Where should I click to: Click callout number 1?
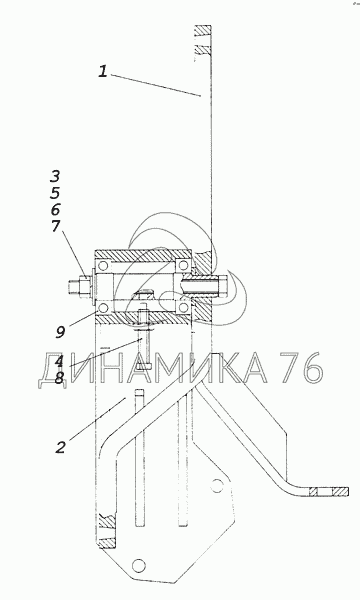click(x=102, y=72)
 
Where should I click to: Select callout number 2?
click(x=60, y=447)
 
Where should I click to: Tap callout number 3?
click(x=55, y=176)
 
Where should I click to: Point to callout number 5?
click(x=55, y=193)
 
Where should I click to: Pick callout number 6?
click(x=55, y=209)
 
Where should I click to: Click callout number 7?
click(x=56, y=226)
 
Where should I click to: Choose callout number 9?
click(x=60, y=332)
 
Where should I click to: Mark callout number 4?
click(x=59, y=361)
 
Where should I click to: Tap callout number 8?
click(x=59, y=378)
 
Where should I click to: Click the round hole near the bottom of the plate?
click(x=138, y=565)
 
